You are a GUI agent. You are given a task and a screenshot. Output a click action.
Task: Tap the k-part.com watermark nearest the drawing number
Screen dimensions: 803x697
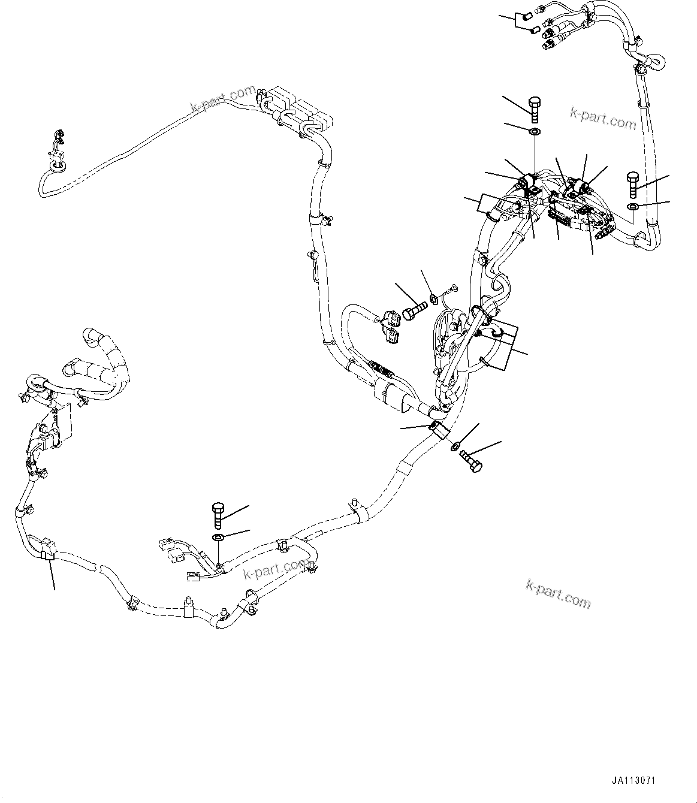click(x=558, y=593)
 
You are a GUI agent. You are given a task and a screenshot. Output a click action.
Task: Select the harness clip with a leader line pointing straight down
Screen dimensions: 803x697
click(x=46, y=554)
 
